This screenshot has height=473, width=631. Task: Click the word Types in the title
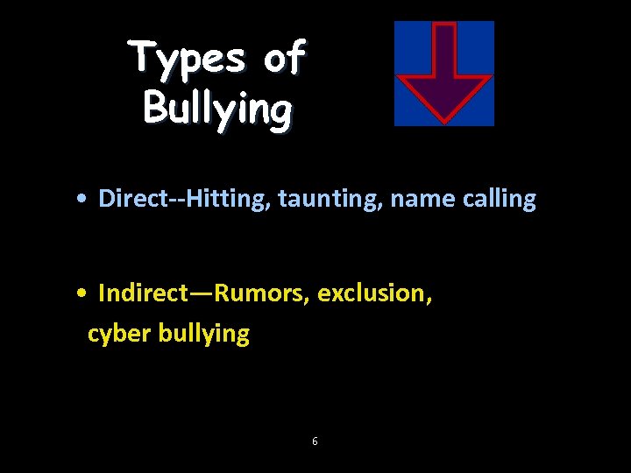[188, 60]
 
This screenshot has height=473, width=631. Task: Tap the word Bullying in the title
[216, 109]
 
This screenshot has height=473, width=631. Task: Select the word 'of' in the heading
[283, 58]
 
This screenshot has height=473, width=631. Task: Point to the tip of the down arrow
[444, 118]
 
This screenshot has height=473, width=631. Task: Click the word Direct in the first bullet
[131, 199]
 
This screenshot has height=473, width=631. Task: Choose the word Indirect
[140, 293]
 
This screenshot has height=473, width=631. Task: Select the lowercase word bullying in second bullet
[204, 334]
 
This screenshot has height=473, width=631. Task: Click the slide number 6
[315, 441]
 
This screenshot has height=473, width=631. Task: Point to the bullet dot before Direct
[81, 200]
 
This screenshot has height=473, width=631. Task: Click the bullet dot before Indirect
[81, 293]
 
